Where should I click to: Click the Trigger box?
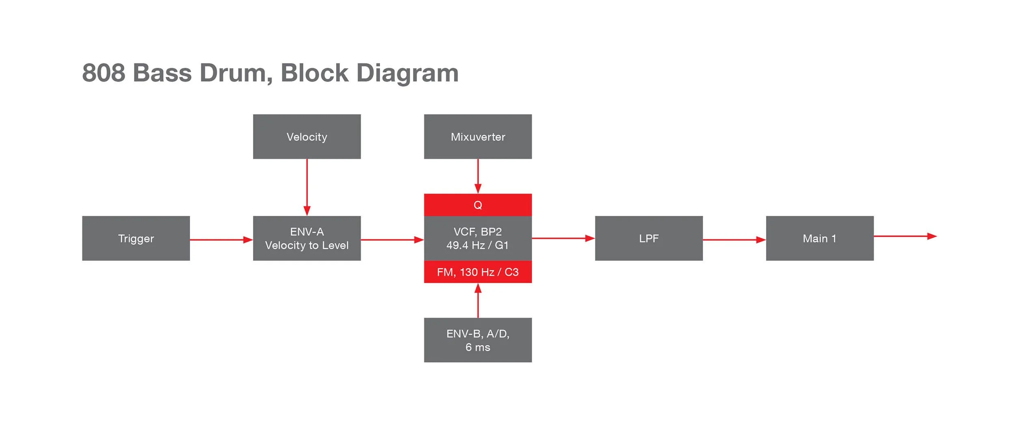(136, 238)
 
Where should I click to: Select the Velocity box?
(307, 136)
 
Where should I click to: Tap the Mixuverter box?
(477, 136)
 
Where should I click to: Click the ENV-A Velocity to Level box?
(307, 238)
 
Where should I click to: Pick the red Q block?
(477, 205)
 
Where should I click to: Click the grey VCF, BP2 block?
(477, 238)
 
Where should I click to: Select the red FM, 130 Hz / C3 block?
(477, 272)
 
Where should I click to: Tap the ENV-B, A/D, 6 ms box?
(477, 340)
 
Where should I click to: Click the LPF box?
(648, 238)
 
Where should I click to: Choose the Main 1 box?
(819, 238)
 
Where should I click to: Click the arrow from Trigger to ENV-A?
(221, 240)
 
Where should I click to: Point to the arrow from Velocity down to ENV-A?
(307, 187)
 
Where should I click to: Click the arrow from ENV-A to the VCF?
(392, 240)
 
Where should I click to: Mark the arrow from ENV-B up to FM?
(478, 301)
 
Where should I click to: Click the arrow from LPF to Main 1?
(734, 240)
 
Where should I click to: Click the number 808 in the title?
(104, 73)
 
